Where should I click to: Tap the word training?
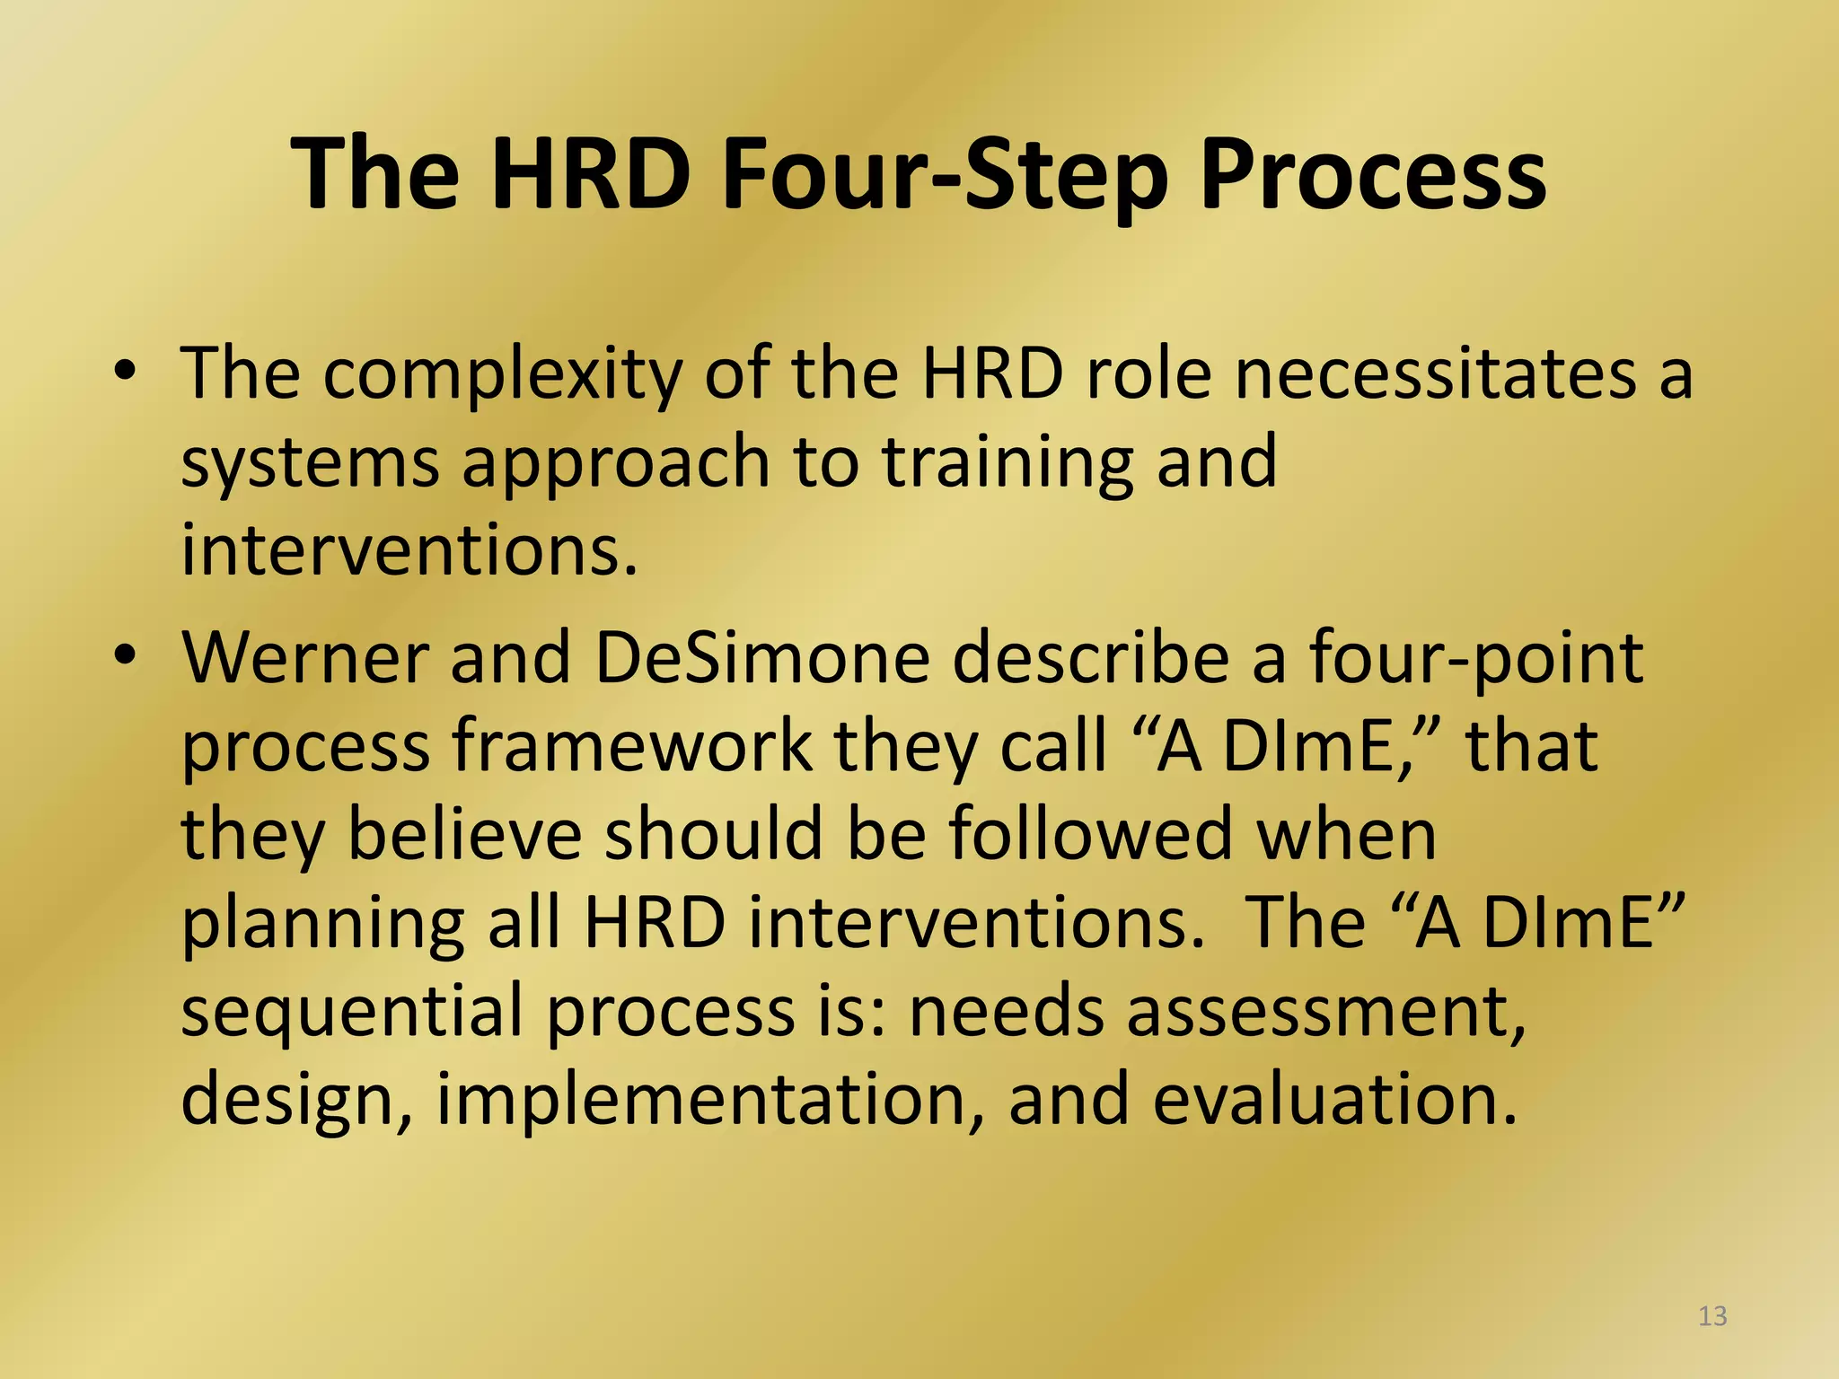click(1007, 463)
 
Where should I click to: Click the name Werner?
click(304, 658)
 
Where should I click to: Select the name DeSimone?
click(761, 658)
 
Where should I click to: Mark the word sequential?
click(352, 1011)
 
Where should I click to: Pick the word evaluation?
click(1334, 1099)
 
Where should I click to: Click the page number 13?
click(1712, 1316)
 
